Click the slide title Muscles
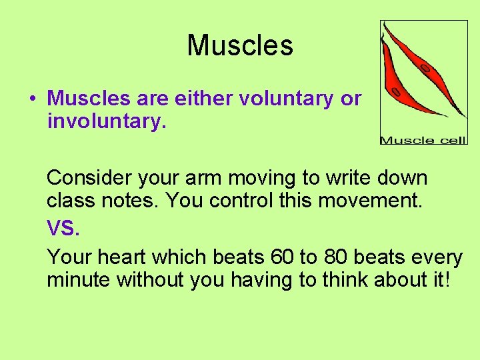(240, 45)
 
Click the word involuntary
(105, 121)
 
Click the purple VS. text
(63, 229)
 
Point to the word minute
(79, 280)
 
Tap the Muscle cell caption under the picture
(423, 140)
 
